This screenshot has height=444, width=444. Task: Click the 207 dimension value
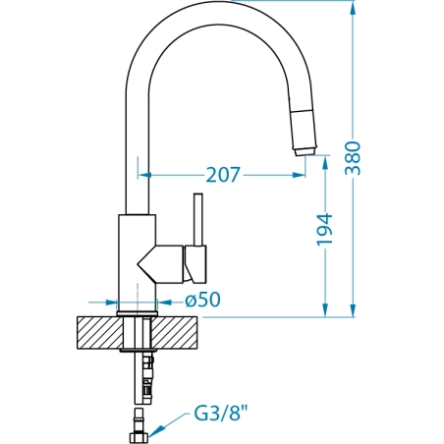click(x=223, y=175)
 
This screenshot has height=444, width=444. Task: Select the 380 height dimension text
click(x=354, y=158)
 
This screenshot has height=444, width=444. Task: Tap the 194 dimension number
click(x=324, y=229)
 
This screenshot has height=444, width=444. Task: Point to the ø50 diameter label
click(x=202, y=300)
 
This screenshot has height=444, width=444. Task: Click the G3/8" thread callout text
click(x=221, y=414)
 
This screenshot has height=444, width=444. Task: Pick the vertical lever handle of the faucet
click(x=197, y=219)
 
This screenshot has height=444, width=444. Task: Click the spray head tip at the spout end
click(x=305, y=151)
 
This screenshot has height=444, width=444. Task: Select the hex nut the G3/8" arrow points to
click(x=139, y=438)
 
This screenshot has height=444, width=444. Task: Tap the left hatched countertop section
click(x=100, y=333)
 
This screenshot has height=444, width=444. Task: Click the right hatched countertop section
click(x=175, y=333)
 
